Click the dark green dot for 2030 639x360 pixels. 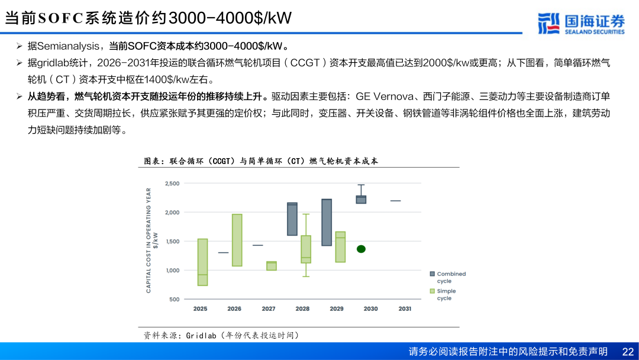coord(361,249)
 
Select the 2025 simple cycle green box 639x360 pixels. coord(202,262)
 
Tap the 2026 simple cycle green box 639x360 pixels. coord(237,240)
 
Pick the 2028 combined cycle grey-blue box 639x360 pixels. coord(292,219)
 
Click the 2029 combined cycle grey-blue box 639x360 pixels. coord(327,222)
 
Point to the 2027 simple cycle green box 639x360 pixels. coord(272,266)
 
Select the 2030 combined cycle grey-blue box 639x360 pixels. coord(361,200)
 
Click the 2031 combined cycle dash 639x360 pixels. coord(395,201)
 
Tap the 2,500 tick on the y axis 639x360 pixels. coord(172,184)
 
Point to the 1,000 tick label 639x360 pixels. coord(172,271)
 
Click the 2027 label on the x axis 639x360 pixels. coord(269,308)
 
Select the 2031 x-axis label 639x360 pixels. coord(405,308)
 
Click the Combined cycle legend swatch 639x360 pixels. coord(433,274)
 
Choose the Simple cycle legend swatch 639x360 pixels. coord(433,291)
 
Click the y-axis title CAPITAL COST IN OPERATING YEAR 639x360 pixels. coord(149,240)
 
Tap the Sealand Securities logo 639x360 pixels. coord(581,24)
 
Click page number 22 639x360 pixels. coord(628,352)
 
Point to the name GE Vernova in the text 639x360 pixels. coord(385,97)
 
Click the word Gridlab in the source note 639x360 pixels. coord(201,336)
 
